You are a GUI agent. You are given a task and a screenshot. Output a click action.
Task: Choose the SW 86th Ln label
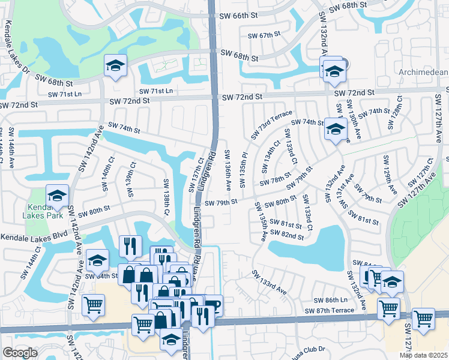click(331, 299)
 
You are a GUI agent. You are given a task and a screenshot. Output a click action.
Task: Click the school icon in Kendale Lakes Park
click(58, 195)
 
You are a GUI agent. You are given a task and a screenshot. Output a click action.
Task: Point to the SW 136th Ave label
click(229, 167)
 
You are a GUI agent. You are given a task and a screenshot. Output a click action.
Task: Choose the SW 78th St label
click(271, 181)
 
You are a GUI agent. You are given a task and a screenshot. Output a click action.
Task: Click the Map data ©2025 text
click(423, 355)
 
